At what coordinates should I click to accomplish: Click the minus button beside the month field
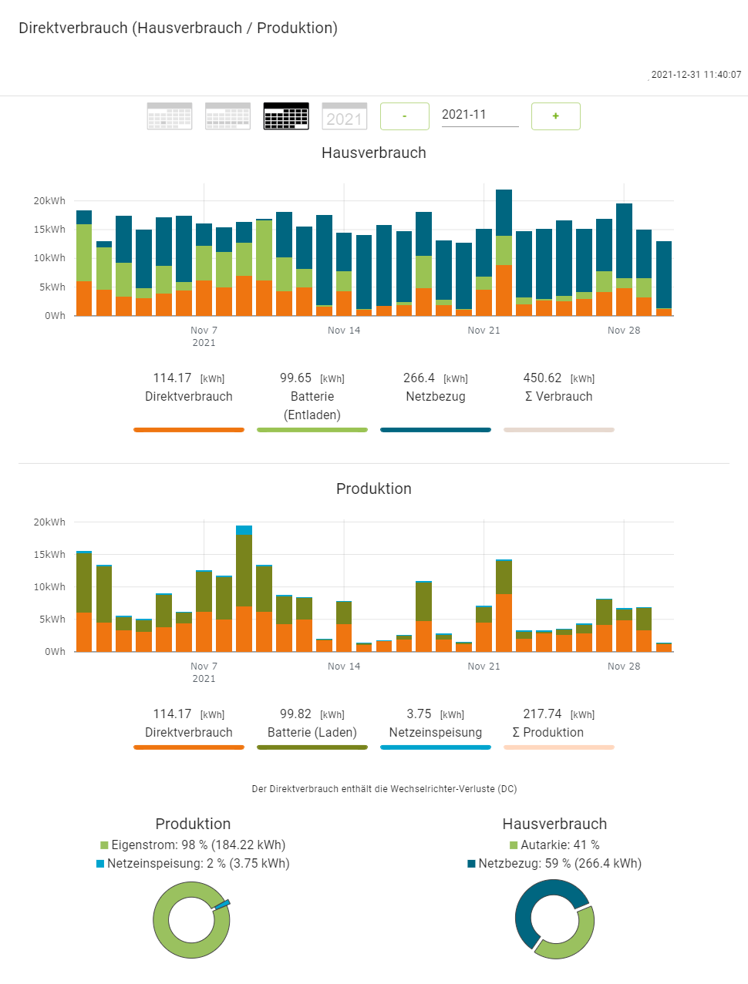tap(404, 116)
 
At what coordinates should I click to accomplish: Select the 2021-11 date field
tap(479, 115)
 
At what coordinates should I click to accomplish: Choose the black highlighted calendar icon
tap(286, 116)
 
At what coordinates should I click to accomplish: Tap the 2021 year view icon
tap(344, 116)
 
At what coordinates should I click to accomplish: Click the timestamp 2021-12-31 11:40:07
tap(696, 75)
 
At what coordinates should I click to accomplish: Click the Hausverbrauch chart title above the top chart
tap(374, 153)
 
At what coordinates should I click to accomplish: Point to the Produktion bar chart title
tap(374, 489)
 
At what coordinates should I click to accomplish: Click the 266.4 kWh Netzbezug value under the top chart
tap(419, 378)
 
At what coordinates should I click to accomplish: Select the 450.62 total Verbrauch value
tap(543, 378)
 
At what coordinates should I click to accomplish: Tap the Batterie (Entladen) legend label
tap(312, 405)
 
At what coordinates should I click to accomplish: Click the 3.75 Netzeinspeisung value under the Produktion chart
tap(419, 714)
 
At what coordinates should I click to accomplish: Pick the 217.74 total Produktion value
tap(543, 714)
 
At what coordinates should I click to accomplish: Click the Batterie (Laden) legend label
tap(312, 733)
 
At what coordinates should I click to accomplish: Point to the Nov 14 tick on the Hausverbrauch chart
tap(344, 331)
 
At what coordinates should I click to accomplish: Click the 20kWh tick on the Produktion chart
tap(49, 522)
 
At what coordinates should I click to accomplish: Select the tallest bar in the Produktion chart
tap(244, 589)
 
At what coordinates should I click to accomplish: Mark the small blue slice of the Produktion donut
tap(223, 904)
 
